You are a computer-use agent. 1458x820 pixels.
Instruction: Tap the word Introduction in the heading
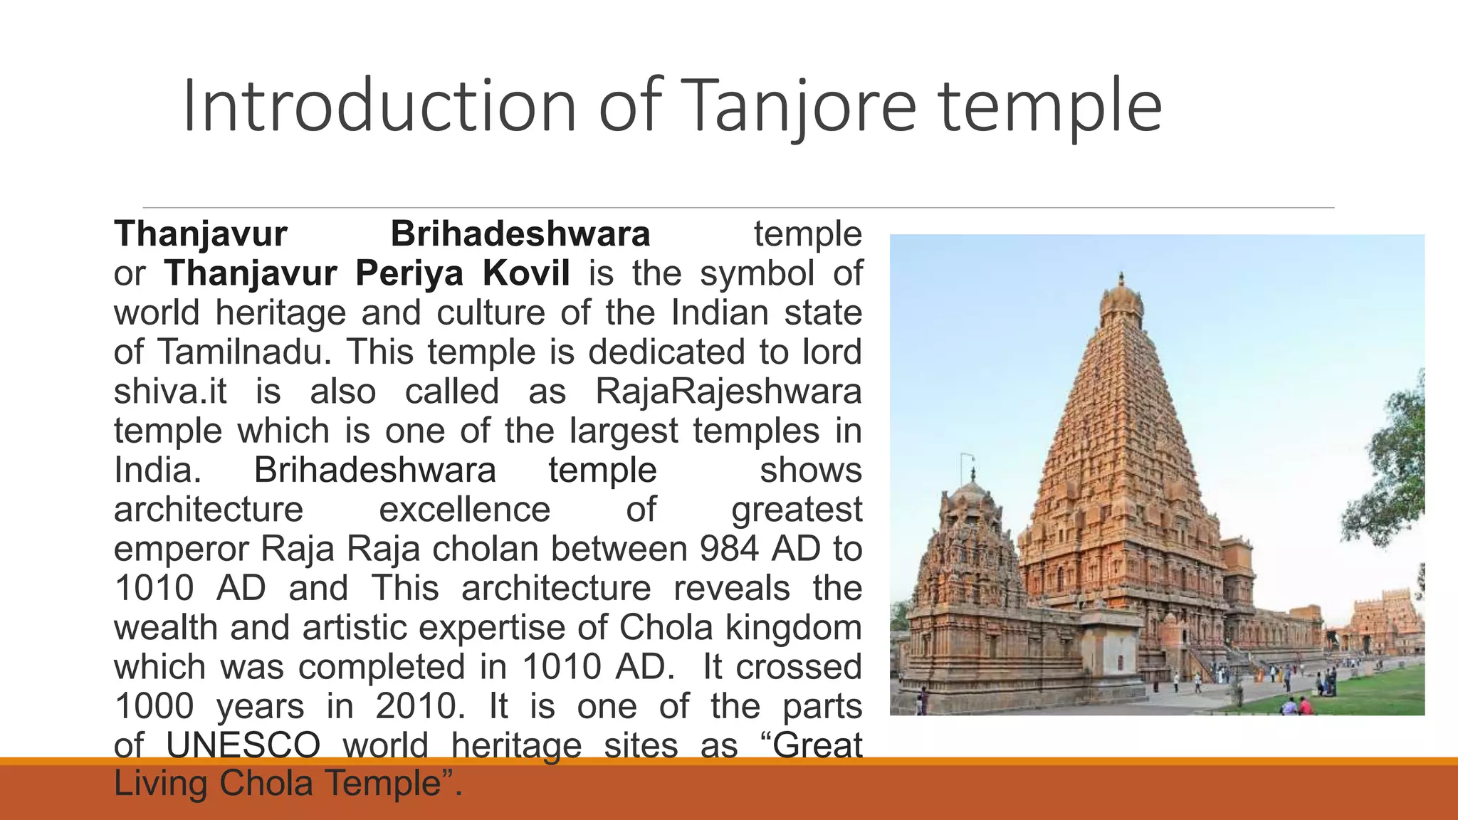(x=379, y=107)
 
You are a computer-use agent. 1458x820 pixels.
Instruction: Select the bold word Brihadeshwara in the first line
(x=520, y=234)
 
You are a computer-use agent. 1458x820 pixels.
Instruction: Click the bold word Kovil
(x=526, y=273)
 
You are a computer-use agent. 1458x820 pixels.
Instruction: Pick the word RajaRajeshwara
(x=728, y=391)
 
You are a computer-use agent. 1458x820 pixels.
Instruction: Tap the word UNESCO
(x=243, y=745)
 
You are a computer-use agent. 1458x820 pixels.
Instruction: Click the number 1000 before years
(x=154, y=706)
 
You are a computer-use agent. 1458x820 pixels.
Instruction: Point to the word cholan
(x=486, y=549)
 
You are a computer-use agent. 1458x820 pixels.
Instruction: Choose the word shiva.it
(x=170, y=391)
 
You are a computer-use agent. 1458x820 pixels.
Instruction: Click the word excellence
(x=464, y=510)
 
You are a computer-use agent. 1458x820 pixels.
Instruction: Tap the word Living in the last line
(x=161, y=783)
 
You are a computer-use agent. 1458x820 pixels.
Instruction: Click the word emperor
(x=182, y=549)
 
